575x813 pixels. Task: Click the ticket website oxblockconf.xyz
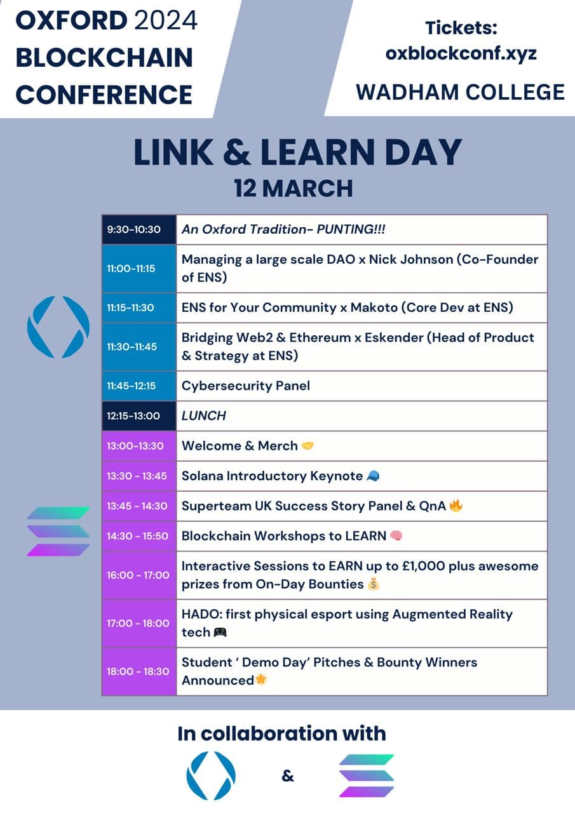point(461,53)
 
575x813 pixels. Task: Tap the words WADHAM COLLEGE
point(460,92)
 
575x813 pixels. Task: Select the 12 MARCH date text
point(293,188)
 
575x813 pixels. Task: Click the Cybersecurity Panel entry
point(246,386)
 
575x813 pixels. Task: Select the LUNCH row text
point(203,416)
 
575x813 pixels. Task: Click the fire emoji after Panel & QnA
point(456,506)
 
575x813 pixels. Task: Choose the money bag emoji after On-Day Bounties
point(373,584)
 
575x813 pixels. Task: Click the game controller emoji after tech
point(220,632)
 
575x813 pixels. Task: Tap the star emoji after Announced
point(260,680)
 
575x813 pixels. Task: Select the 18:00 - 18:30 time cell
point(138,671)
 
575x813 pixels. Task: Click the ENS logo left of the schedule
point(58,326)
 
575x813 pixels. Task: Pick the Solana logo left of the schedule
point(58,531)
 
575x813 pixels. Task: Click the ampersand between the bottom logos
point(288,776)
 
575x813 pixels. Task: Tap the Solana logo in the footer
point(367,775)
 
